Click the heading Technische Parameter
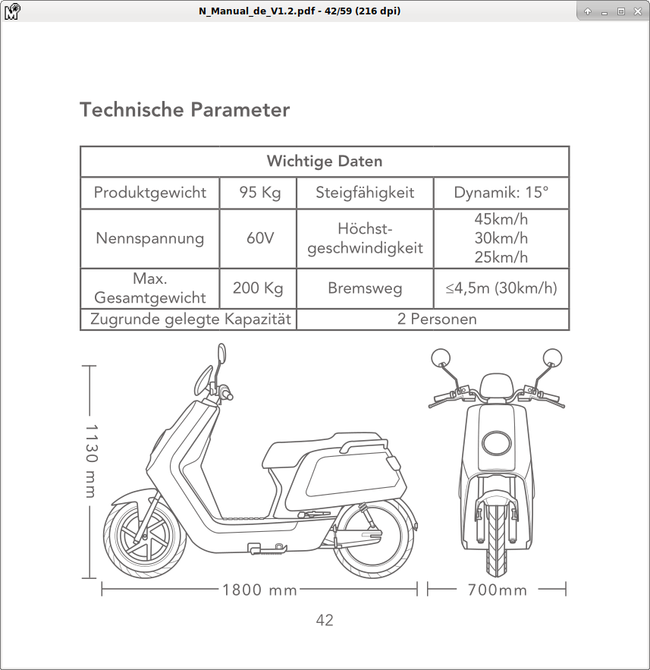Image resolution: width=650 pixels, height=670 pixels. tap(184, 110)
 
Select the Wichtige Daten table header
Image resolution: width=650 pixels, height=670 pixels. tap(324, 162)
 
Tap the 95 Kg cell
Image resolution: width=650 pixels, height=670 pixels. tap(259, 193)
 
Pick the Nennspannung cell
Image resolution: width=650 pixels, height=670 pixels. tap(149, 238)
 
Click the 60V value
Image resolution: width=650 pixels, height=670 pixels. tap(259, 238)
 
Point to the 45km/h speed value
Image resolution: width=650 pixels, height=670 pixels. tap(501, 219)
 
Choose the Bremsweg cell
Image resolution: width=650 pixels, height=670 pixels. tap(365, 288)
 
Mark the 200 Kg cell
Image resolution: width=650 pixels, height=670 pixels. tap(258, 288)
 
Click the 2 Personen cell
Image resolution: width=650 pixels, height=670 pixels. tap(437, 319)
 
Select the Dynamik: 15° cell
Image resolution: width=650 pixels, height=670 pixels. tap(501, 193)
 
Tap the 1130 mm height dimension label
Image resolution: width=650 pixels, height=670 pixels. tap(92, 461)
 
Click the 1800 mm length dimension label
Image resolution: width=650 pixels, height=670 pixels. tap(259, 590)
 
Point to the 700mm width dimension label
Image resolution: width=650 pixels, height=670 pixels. tap(497, 590)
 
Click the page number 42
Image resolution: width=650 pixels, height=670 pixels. tap(325, 620)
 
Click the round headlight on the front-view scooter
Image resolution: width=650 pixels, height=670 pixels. tap(497, 442)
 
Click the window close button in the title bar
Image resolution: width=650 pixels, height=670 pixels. tap(636, 11)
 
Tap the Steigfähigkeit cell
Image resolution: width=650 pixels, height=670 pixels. tap(365, 193)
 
